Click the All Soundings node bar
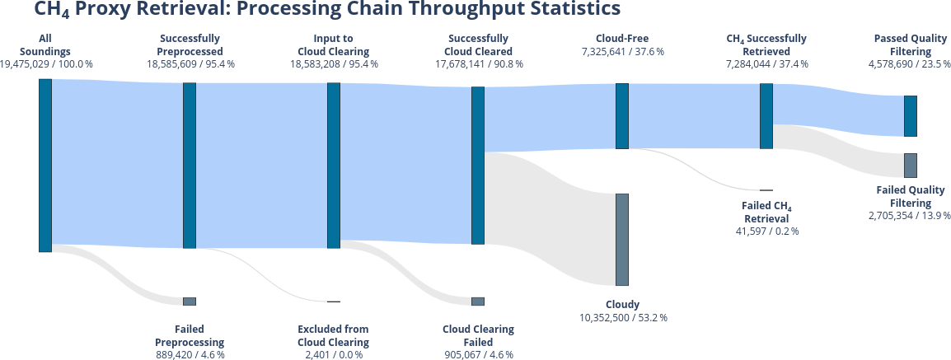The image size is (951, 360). (x=45, y=165)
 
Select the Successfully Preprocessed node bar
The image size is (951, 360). (x=190, y=165)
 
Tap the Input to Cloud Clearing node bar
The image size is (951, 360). (x=334, y=165)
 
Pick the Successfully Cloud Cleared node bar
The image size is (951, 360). (x=478, y=165)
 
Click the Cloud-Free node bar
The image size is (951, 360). (x=622, y=115)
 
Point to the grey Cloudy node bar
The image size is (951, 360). (x=622, y=239)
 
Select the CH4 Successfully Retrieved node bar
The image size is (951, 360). (x=766, y=115)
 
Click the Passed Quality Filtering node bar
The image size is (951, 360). (x=911, y=115)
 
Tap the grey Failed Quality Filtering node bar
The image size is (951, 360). (x=911, y=165)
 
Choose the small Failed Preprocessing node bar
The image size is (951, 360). (x=190, y=302)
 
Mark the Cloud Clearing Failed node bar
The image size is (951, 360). (x=478, y=302)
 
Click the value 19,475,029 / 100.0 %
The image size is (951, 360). (x=46, y=63)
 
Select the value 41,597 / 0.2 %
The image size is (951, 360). (x=766, y=231)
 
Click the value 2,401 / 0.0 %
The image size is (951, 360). (x=333, y=355)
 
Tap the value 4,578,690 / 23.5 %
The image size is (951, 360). (x=910, y=63)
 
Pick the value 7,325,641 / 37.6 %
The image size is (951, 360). (x=622, y=51)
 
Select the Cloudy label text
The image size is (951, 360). (x=622, y=304)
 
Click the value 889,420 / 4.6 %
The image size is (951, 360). (x=189, y=355)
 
